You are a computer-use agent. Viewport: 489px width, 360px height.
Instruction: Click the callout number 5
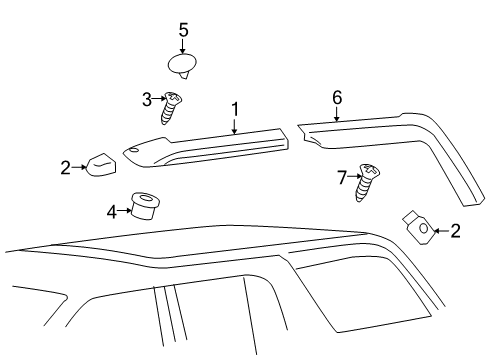tap(183, 30)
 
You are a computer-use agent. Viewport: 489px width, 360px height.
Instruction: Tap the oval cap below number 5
tap(182, 67)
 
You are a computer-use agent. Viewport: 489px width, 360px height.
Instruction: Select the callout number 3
tap(146, 98)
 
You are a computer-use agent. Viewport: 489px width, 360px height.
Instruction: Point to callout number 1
tap(234, 109)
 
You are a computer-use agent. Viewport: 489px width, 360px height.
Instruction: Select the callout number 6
tap(337, 97)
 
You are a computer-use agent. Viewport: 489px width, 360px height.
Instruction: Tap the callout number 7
tap(341, 177)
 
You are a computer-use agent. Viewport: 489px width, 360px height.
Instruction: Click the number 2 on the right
tap(455, 231)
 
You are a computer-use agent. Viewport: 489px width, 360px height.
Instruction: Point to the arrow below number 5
tap(183, 45)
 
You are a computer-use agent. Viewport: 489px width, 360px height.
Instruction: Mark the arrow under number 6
tap(337, 112)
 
